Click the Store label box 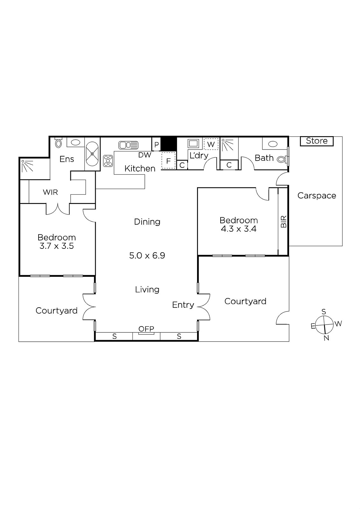point(317,141)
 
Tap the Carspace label point(317,195)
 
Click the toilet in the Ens point(59,143)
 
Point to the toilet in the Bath point(282,159)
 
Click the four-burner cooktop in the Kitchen point(108,161)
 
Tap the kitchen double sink point(128,145)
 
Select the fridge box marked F point(168,161)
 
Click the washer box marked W point(211,144)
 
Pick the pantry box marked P point(156,144)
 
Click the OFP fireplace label point(146,329)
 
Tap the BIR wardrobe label point(284,221)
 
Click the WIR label point(50,192)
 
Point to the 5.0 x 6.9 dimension point(147,255)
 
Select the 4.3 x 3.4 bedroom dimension point(238,229)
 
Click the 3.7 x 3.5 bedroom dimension point(57,246)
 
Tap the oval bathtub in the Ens point(92,154)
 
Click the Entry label point(183,305)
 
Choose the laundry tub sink point(193,143)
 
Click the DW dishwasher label point(145,155)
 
